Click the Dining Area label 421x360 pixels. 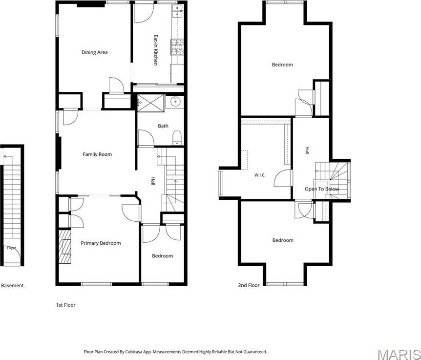tap(95, 52)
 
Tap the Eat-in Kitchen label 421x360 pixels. tap(155, 50)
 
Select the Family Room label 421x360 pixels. tap(97, 154)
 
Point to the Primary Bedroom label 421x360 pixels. tap(101, 243)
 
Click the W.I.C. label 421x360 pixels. tap(260, 175)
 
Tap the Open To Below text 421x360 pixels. tap(322, 189)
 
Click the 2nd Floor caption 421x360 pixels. tap(249, 285)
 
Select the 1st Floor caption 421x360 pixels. tap(66, 305)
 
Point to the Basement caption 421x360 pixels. tap(12, 285)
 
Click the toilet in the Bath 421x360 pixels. tap(177, 137)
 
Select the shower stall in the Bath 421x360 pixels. tap(150, 103)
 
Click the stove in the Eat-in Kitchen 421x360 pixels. tap(177, 47)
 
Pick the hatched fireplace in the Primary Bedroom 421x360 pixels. tap(65, 247)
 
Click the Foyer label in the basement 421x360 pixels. tap(12, 248)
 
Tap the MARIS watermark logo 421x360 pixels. tap(399, 354)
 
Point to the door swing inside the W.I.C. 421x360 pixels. tap(282, 178)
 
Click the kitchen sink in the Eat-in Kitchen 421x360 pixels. tap(178, 11)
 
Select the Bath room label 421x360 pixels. tap(163, 126)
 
